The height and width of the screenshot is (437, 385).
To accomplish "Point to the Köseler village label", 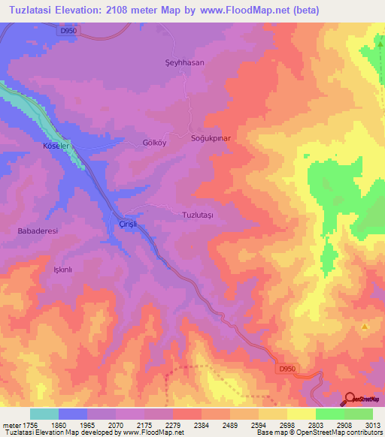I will (57, 144).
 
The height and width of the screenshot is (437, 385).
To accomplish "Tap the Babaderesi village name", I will (38, 231).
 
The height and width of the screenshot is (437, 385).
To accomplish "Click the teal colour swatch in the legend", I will (44, 414).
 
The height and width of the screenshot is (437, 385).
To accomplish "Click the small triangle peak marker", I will (365, 327).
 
